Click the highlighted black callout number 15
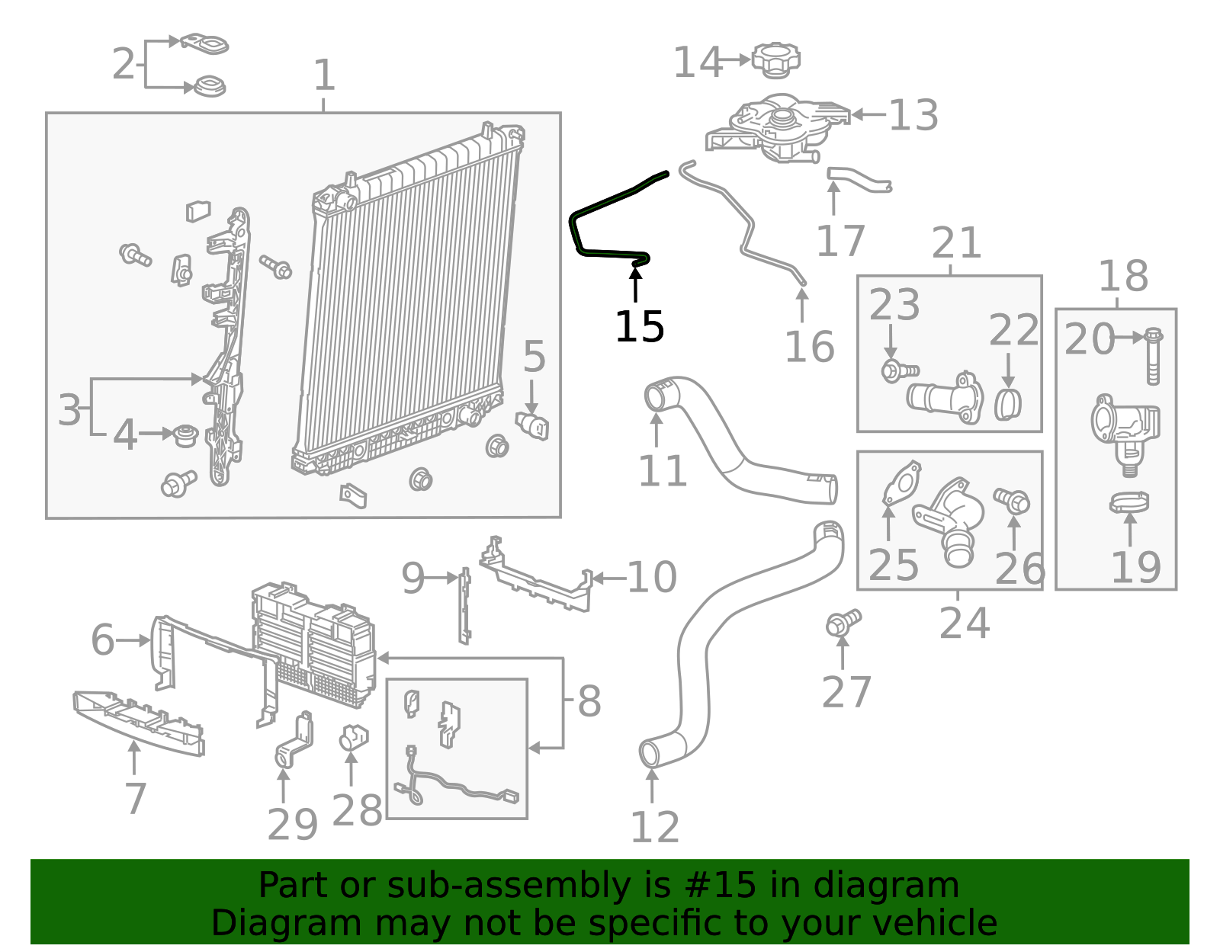point(639,328)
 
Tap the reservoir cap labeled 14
point(775,60)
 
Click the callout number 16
point(809,347)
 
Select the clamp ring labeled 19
point(1129,503)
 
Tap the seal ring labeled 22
point(1007,404)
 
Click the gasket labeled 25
point(902,482)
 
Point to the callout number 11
point(662,471)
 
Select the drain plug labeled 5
point(533,425)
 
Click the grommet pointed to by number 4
point(185,435)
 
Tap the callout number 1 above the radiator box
point(324,76)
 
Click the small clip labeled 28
point(353,737)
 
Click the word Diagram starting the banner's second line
point(262,923)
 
